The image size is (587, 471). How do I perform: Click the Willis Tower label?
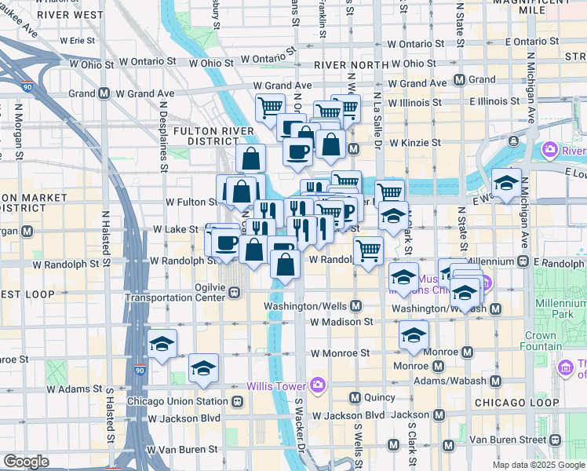276,385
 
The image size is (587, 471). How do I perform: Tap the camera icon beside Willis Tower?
317,385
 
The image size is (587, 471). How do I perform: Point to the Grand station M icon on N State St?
459,80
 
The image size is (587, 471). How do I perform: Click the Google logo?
26,462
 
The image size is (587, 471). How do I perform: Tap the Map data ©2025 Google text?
538,465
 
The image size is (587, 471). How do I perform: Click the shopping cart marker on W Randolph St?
367,251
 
